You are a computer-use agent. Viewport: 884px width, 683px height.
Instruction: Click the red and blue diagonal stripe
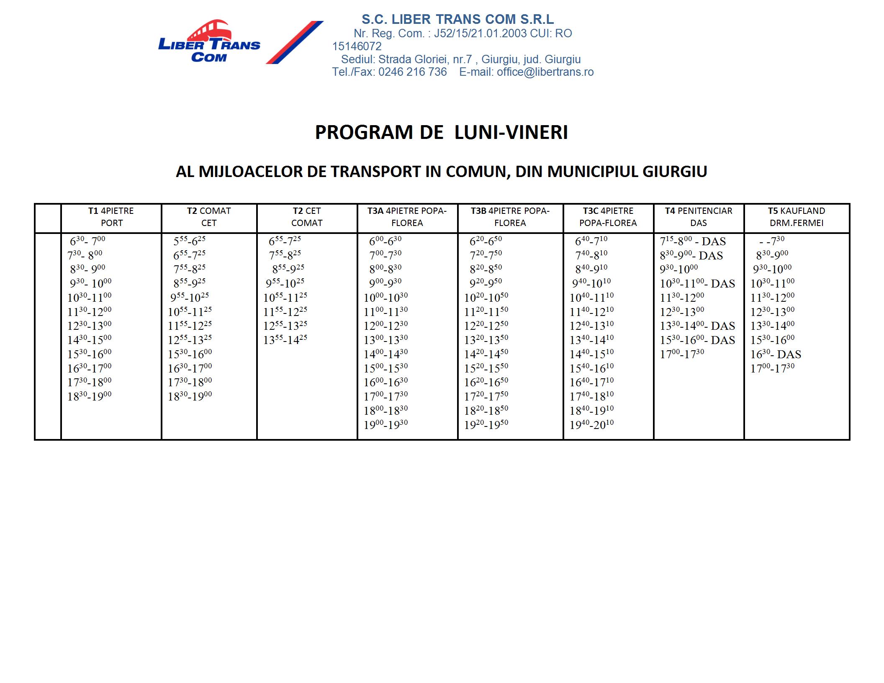coord(294,42)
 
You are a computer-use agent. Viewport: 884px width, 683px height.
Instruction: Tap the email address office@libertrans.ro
coord(545,72)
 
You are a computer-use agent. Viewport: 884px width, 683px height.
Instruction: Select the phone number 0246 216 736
coord(412,72)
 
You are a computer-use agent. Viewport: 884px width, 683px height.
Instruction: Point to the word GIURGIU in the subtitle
coord(674,172)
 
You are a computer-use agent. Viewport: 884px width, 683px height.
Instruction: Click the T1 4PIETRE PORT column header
coord(111,217)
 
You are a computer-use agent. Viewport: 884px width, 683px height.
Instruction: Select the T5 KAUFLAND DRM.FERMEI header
coord(796,217)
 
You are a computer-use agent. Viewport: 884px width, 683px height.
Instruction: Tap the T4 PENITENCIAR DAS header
coord(698,217)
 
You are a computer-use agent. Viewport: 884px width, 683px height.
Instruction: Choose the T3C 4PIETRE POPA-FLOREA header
coord(608,217)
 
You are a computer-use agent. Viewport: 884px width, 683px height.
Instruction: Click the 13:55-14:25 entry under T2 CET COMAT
coord(285,339)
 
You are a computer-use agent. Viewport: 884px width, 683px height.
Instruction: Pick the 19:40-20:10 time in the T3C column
coord(591,424)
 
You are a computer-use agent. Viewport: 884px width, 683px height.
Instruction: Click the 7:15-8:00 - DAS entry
coord(693,241)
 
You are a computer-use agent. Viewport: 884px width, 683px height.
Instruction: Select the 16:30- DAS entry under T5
coord(775,354)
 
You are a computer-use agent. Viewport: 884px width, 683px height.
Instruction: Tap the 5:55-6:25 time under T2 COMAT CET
coord(189,241)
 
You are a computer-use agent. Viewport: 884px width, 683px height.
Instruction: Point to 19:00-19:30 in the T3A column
coord(385,424)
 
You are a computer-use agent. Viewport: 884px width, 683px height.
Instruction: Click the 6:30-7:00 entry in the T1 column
coord(87,241)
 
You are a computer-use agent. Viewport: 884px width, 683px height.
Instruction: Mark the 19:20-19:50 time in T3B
coord(486,424)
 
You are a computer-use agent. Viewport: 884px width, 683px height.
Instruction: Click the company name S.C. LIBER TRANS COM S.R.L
coord(457,19)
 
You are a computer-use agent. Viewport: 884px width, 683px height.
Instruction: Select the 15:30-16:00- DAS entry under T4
coord(697,340)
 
